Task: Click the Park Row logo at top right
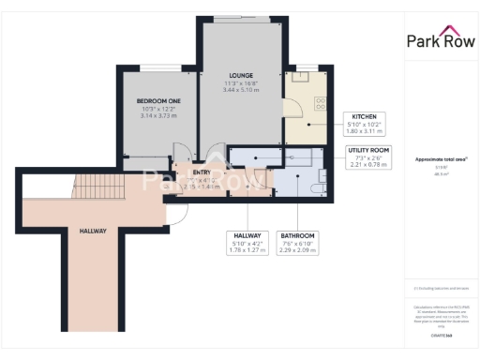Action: coord(441,39)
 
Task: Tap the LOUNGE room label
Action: coord(241,75)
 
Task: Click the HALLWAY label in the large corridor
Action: coord(93,231)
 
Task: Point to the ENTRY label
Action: coord(202,172)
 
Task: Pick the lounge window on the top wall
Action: coord(242,18)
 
